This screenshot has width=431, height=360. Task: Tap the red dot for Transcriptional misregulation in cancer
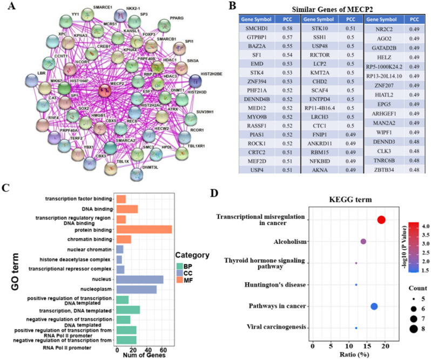point(381,220)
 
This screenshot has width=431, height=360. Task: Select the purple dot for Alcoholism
point(363,241)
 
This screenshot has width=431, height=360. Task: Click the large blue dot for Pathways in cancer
point(374,307)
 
